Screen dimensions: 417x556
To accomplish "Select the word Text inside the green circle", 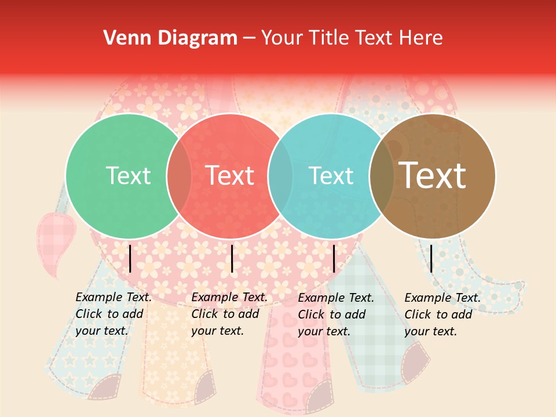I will pyautogui.click(x=128, y=175).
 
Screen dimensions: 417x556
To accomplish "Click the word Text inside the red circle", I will pyautogui.click(x=230, y=175).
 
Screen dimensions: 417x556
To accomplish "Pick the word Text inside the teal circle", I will pyautogui.click(x=331, y=175).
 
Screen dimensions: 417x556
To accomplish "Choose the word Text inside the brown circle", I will pyautogui.click(x=432, y=175).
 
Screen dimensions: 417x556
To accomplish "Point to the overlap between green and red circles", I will pyautogui.click(x=179, y=176).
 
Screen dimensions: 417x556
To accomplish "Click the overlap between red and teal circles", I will pyautogui.click(x=280, y=176).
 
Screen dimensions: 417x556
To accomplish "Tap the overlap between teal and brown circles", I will pyautogui.click(x=382, y=176).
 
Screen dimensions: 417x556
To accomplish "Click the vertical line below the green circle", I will pyautogui.click(x=130, y=258).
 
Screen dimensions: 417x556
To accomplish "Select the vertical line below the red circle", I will pyautogui.click(x=232, y=258).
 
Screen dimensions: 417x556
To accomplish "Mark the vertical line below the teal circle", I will pyautogui.click(x=334, y=258).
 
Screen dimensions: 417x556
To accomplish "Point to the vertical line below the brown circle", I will pyautogui.click(x=431, y=258).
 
